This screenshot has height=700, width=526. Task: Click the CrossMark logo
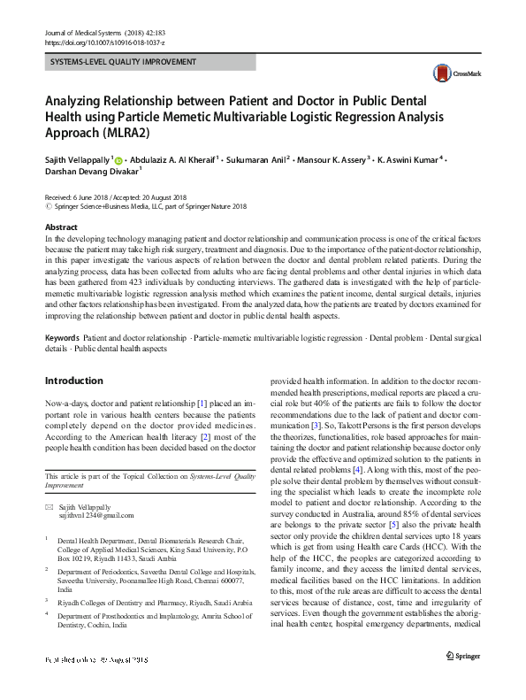tap(449, 74)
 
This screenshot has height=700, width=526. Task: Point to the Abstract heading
tap(60, 227)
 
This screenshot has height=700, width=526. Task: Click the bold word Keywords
tap(62, 339)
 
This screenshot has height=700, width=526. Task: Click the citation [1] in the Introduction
tap(202, 403)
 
